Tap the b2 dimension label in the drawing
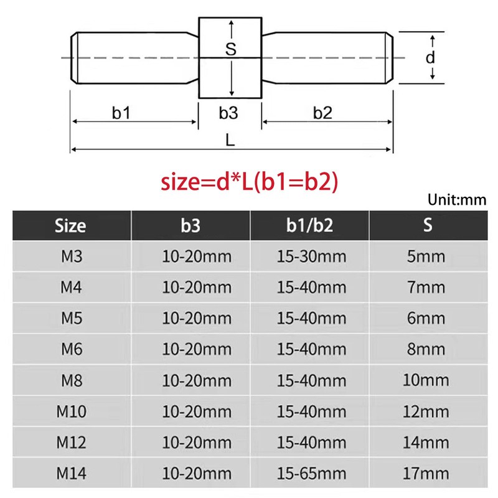click(x=322, y=113)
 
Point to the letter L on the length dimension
click(x=230, y=141)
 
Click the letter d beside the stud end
click(x=430, y=58)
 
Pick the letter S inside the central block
click(x=230, y=50)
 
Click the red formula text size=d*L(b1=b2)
click(x=249, y=182)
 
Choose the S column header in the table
click(x=428, y=225)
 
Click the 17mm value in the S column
click(x=428, y=473)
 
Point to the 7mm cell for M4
click(x=428, y=288)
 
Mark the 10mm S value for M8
click(x=428, y=380)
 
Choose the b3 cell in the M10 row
click(x=197, y=411)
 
